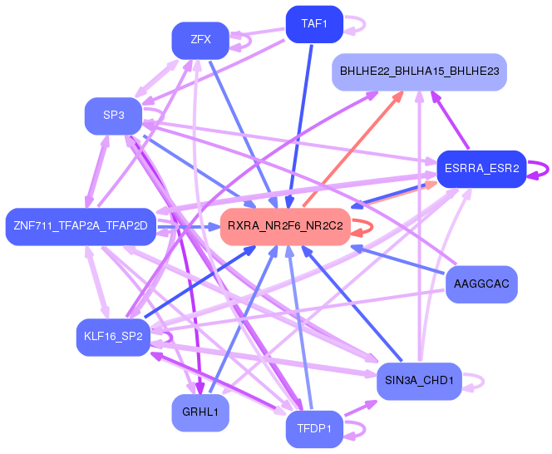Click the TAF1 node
pos(314,24)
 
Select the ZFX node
pos(200,41)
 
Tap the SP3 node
pos(113,116)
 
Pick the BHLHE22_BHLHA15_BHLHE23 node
pos(419,72)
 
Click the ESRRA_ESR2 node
pos(481,169)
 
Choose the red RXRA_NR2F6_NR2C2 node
pos(285,226)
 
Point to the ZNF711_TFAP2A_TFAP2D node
pos(81,226)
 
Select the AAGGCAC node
pos(481,284)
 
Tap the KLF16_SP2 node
pos(113,337)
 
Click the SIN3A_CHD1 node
pos(419,381)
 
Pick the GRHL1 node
pos(200,412)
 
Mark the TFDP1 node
pos(314,429)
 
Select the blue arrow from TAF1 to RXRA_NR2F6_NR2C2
pos(300,126)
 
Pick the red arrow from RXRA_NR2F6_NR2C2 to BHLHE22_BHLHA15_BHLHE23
pos(352,149)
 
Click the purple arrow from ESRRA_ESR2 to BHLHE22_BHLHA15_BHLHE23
pos(450,120)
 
